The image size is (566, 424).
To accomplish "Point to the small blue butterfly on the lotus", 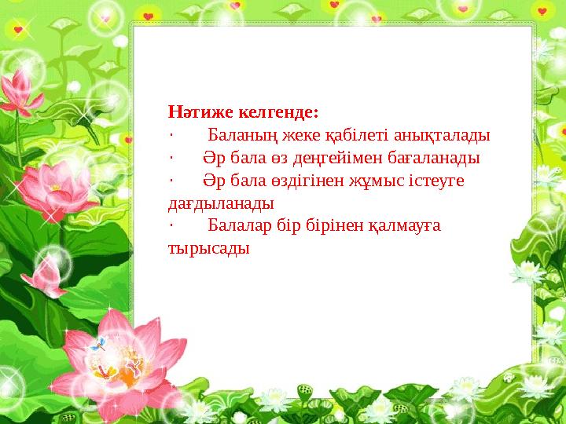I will [x=98, y=343].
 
